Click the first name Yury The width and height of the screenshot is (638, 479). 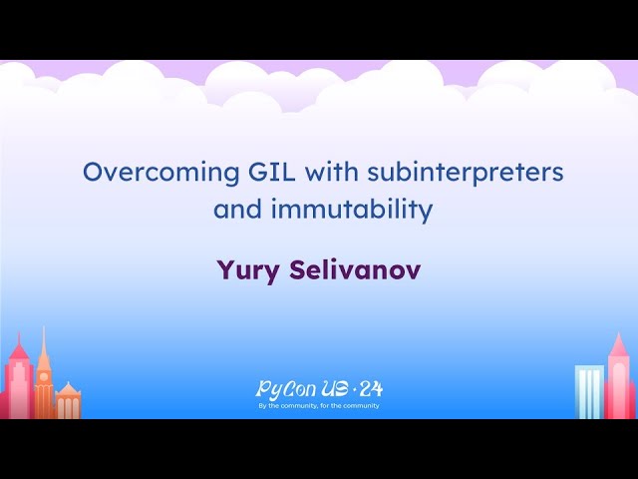[242, 269]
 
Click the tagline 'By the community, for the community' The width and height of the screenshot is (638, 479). [319, 406]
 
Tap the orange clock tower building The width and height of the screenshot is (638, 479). [44, 384]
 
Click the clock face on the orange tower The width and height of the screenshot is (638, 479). [44, 378]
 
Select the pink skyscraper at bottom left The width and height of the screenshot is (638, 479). [18, 384]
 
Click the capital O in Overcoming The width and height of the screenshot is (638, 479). [93, 173]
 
